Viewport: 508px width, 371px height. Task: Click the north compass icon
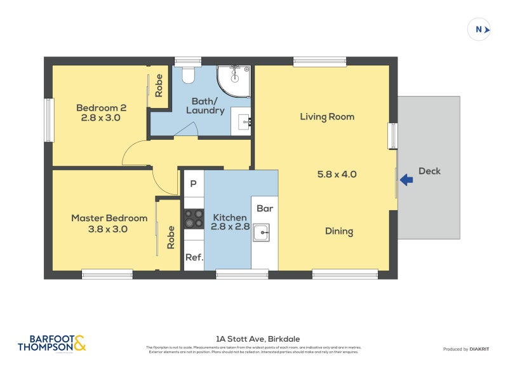click(x=480, y=29)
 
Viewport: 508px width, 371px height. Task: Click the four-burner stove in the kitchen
click(x=194, y=219)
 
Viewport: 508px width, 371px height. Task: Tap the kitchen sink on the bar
click(x=262, y=233)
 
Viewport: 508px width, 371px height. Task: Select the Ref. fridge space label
click(x=194, y=257)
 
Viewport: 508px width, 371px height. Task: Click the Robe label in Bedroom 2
click(x=159, y=86)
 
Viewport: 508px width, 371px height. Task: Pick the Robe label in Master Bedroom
click(x=170, y=237)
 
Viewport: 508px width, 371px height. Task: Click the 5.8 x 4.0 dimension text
click(x=337, y=173)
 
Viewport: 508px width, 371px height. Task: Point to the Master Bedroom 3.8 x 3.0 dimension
click(x=109, y=229)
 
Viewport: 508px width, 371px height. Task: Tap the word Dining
click(x=338, y=231)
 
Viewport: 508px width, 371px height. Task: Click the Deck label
click(x=429, y=171)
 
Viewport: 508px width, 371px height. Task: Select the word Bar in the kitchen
click(x=264, y=208)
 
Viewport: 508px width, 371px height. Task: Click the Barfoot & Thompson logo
click(x=51, y=343)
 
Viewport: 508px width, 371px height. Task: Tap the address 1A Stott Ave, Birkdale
click(x=254, y=339)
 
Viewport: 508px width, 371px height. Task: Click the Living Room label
click(x=327, y=117)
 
